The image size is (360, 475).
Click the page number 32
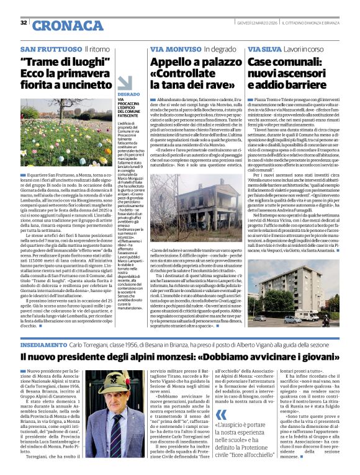click(24, 23)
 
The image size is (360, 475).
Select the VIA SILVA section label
click(264, 48)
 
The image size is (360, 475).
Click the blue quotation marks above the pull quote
click(220, 398)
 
